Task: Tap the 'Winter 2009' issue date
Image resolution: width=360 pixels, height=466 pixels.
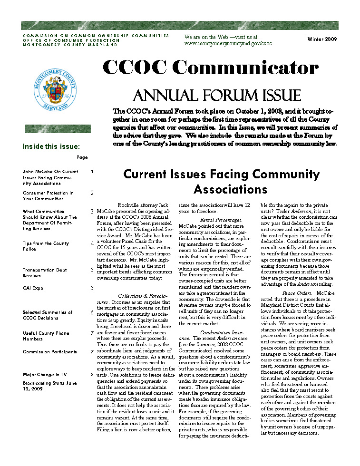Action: (x=322, y=39)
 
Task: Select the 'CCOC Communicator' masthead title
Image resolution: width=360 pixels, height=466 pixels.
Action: (x=211, y=68)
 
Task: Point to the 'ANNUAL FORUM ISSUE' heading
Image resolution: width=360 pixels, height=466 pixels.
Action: (x=217, y=95)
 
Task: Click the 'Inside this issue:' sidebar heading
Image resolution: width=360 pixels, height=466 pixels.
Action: (x=51, y=146)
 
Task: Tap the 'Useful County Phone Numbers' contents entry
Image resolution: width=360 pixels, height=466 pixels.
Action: (x=46, y=336)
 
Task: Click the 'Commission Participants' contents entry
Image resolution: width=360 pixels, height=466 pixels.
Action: (x=49, y=352)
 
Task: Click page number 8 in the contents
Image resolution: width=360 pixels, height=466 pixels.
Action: (x=92, y=375)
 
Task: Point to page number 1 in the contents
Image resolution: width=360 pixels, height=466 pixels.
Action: (x=92, y=172)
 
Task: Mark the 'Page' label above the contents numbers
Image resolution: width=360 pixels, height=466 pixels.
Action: (x=82, y=157)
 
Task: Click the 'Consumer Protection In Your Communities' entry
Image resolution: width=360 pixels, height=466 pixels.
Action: (x=48, y=196)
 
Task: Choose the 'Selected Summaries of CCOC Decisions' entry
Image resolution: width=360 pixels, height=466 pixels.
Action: (x=48, y=315)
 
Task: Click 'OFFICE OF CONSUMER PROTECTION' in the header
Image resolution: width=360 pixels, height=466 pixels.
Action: (x=70, y=40)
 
